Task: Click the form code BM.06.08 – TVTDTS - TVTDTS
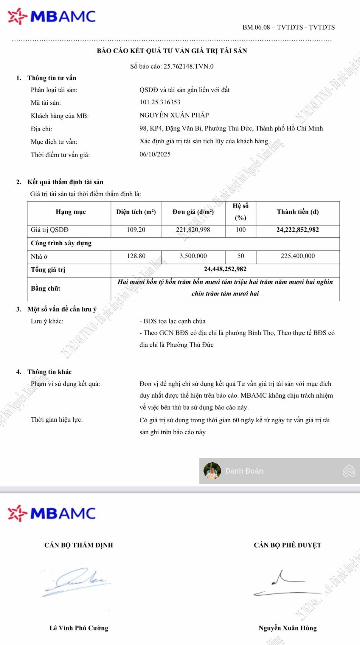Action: pos(288,27)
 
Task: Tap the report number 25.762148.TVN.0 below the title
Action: pos(188,66)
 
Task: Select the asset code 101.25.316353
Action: pos(160,102)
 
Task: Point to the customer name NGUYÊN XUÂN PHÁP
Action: pos(174,115)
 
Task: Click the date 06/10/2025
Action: pos(155,154)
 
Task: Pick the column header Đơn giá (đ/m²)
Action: pos(193,212)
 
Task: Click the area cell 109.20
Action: pos(136,230)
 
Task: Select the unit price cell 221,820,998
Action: pos(193,230)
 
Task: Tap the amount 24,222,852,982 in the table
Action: pos(297,230)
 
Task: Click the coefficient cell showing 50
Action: pos(240,256)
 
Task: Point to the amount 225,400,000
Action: pos(297,256)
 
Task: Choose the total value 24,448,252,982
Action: pos(225,269)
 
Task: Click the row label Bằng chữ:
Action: pos(46,289)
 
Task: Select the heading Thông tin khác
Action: pos(49,372)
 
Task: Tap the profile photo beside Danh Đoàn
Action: pos(212,471)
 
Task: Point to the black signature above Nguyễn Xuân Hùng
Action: pos(286,584)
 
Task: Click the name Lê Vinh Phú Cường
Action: pos(79,628)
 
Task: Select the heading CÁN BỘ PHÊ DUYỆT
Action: pos(287,545)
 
